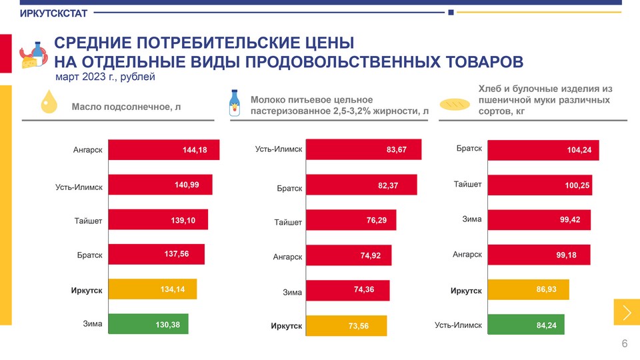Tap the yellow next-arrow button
(x=626, y=313)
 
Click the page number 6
(x=624, y=344)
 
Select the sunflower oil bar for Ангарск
(x=163, y=150)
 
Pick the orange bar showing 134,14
(x=152, y=289)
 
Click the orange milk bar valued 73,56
(x=347, y=325)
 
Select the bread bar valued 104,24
(x=543, y=150)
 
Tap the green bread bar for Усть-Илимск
(x=526, y=325)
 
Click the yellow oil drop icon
(x=49, y=102)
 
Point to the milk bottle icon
(x=234, y=103)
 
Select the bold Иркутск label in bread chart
(x=466, y=291)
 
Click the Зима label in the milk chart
(x=292, y=292)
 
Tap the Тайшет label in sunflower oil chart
(x=88, y=220)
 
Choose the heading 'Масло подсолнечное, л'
(x=126, y=107)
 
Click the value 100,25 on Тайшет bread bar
(x=577, y=185)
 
